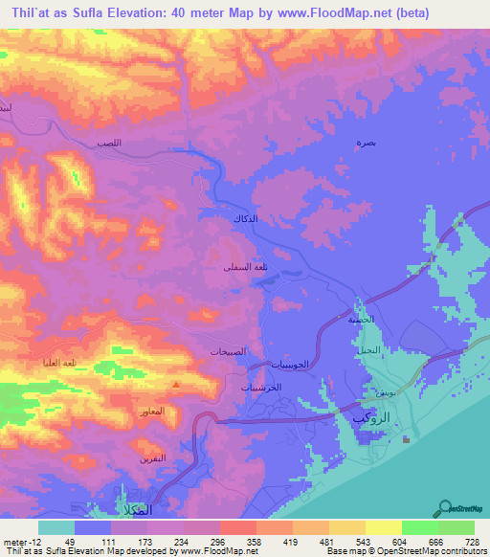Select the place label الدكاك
(246, 219)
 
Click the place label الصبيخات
(232, 350)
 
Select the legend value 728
(469, 542)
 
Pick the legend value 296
(229, 542)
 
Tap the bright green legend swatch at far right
(456, 527)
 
